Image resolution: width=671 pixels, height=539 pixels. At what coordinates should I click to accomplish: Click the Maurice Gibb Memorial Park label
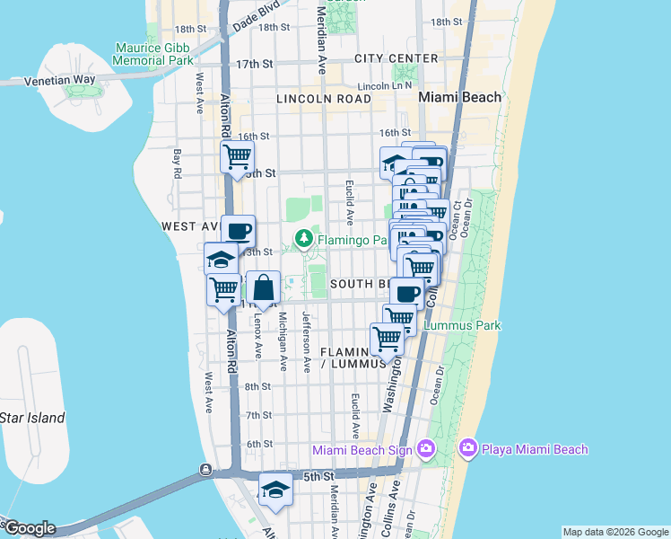[153, 54]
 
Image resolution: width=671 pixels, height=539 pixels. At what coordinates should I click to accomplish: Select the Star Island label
[32, 418]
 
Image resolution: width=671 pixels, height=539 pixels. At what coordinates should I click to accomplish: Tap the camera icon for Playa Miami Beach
[467, 448]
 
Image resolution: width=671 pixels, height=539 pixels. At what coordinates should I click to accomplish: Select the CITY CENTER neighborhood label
[396, 58]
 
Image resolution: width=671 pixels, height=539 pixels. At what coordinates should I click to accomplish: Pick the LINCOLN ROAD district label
[324, 98]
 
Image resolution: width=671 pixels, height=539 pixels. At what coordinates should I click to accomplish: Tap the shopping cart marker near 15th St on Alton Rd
[237, 157]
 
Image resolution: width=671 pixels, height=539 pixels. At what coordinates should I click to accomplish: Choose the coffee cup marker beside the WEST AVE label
[238, 231]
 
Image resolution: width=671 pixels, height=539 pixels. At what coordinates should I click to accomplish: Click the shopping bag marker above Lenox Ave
[263, 288]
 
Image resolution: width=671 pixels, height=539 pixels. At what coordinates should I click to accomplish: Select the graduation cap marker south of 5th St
[275, 490]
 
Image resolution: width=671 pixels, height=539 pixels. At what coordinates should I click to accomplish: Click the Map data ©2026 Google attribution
[615, 532]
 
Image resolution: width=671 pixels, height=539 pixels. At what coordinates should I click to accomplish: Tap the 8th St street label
[258, 386]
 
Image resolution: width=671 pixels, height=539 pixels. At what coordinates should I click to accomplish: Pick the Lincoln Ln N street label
[380, 85]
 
